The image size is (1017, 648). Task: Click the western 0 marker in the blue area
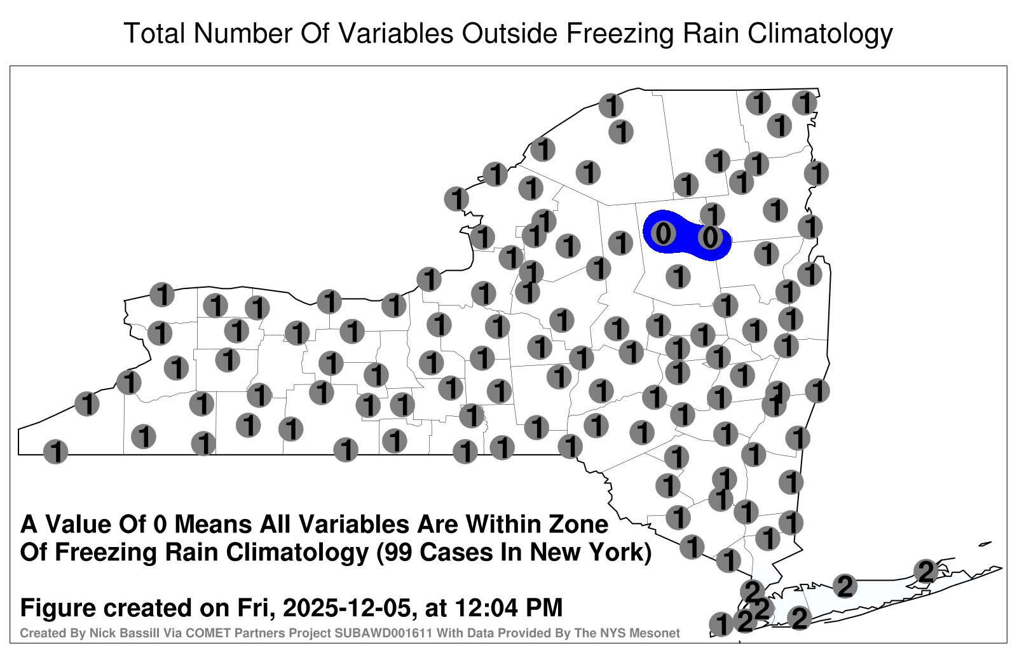(x=664, y=234)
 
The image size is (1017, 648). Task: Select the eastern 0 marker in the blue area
(x=710, y=237)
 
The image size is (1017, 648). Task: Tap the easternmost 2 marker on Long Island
(x=926, y=571)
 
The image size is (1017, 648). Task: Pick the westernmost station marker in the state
(x=55, y=452)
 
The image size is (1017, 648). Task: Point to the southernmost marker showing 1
(x=721, y=624)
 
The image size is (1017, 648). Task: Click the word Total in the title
(x=154, y=33)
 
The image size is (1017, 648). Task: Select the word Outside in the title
(x=509, y=33)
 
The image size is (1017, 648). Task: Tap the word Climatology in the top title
(x=820, y=34)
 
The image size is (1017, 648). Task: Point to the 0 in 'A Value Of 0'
(x=161, y=524)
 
